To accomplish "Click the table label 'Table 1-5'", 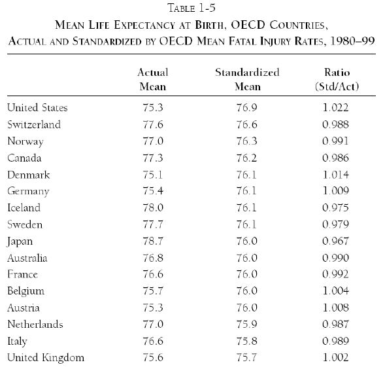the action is pyautogui.click(x=191, y=8).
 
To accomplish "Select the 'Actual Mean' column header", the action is pyautogui.click(x=153, y=79).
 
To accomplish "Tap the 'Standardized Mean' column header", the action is pyautogui.click(x=247, y=79).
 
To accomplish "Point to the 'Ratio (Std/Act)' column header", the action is pyautogui.click(x=337, y=79).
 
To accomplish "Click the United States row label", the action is pyautogui.click(x=37, y=107).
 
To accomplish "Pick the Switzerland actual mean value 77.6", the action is pyautogui.click(x=153, y=124).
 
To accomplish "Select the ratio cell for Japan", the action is pyautogui.click(x=335, y=241).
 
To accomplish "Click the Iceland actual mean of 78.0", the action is pyautogui.click(x=153, y=207).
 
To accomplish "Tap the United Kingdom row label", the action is pyautogui.click(x=46, y=357).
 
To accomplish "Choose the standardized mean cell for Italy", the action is pyautogui.click(x=246, y=341).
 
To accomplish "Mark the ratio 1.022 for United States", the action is pyautogui.click(x=335, y=107).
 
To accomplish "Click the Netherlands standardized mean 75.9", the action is pyautogui.click(x=246, y=325).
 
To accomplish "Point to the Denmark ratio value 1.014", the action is pyautogui.click(x=335, y=175).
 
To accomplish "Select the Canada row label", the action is pyautogui.click(x=24, y=158).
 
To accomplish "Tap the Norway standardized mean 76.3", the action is pyautogui.click(x=246, y=141).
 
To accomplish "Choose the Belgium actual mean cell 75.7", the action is pyautogui.click(x=153, y=291).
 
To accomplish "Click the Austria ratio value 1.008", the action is pyautogui.click(x=335, y=308).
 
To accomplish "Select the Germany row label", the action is pyautogui.click(x=28, y=192).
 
